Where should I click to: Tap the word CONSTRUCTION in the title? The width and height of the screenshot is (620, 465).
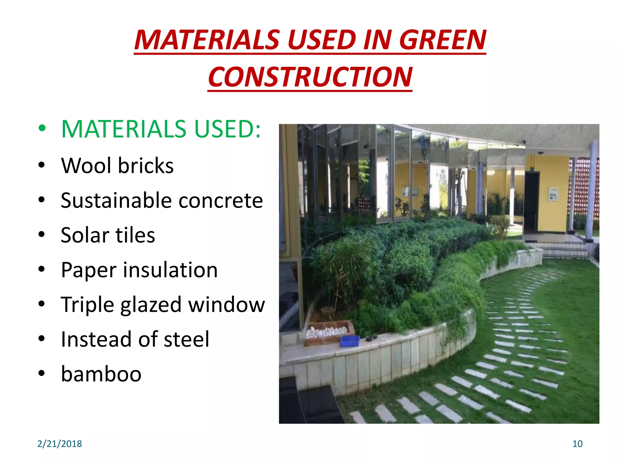(310, 77)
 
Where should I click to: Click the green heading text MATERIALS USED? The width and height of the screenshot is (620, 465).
(161, 129)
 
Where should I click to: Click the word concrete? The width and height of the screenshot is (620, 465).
(221, 201)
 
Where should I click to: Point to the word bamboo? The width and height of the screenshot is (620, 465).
(101, 374)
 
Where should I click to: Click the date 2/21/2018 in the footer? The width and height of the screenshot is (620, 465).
(60, 444)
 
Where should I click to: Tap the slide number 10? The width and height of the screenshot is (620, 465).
(577, 444)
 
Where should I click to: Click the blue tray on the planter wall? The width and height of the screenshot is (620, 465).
(350, 341)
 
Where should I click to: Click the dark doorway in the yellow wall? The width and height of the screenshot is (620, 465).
(532, 201)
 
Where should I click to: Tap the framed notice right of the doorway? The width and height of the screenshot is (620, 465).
(553, 194)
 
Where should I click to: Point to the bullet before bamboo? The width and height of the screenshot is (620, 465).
(42, 374)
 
